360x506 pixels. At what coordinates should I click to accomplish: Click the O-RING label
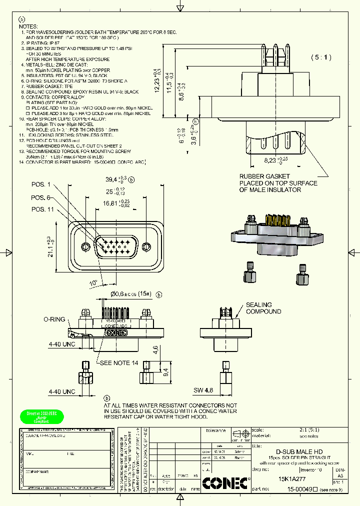pos(54,319)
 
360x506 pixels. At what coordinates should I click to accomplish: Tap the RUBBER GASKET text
pos(264,176)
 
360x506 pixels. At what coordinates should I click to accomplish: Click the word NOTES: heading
pos(29,25)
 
